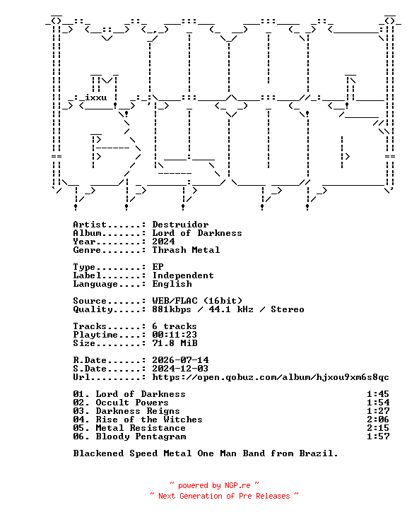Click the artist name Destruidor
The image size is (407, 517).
coord(180,225)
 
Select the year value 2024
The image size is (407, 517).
coord(164,242)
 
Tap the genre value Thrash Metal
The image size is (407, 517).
coord(186,250)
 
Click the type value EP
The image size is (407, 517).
coord(158,267)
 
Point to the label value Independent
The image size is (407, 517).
coord(183,275)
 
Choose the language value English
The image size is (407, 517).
coord(172,284)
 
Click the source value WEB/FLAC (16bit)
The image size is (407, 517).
coord(197,301)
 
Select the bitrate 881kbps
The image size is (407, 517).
coord(172,309)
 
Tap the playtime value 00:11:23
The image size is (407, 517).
coord(175,335)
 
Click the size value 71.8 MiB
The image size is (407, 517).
coord(175,343)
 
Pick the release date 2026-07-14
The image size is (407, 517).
coord(180,360)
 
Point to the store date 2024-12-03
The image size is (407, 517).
coord(180,369)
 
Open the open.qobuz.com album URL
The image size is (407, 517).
coord(271,377)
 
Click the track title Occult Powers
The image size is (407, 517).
coord(132,403)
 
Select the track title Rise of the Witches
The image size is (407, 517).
coord(149,420)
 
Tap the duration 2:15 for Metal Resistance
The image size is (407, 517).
coord(378,428)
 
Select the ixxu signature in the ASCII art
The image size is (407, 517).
coord(96,97)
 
